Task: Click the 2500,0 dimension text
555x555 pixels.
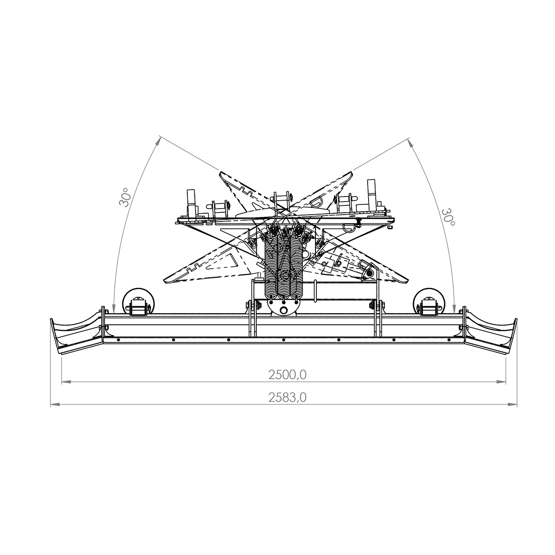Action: coord(287,375)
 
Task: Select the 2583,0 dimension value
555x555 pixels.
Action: coord(287,397)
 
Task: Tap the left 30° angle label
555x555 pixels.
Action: coord(125,197)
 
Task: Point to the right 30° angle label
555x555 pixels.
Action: coord(448,217)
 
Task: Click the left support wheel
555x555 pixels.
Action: coord(139,302)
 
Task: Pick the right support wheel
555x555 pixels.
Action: coord(429,302)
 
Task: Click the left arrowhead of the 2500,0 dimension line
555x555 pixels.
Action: coord(66,382)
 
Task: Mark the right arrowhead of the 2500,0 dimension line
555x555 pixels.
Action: coord(501,382)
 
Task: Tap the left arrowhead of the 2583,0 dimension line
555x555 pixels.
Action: coord(55,405)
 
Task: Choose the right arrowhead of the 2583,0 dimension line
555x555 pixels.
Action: coord(512,405)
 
